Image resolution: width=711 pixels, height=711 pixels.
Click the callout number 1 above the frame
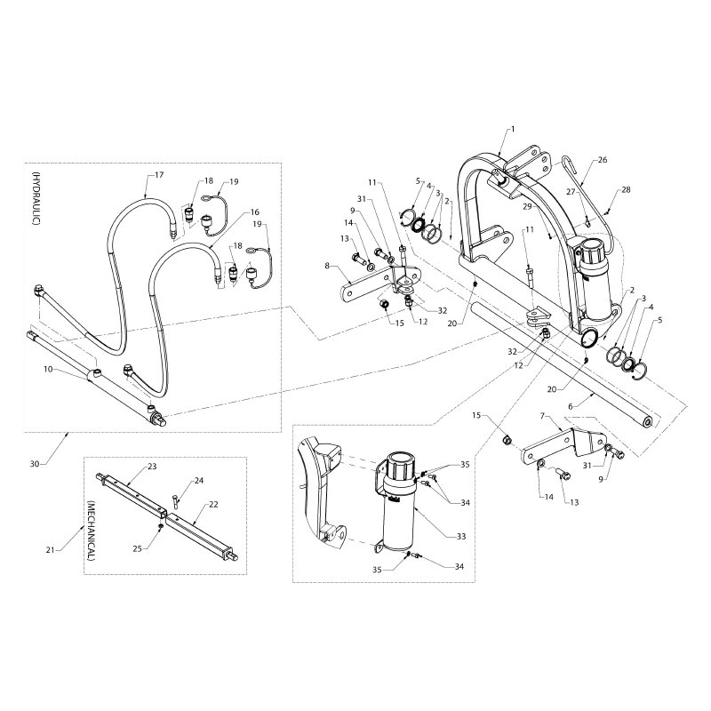(512, 130)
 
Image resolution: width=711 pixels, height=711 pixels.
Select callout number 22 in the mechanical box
(213, 504)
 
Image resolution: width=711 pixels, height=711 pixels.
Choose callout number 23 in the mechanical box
(152, 466)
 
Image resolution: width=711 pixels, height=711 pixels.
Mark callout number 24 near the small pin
(199, 481)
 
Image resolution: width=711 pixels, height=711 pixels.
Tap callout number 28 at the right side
(626, 191)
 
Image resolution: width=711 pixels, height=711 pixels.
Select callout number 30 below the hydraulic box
(35, 463)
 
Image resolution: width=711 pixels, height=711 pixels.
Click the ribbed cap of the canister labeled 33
(398, 467)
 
